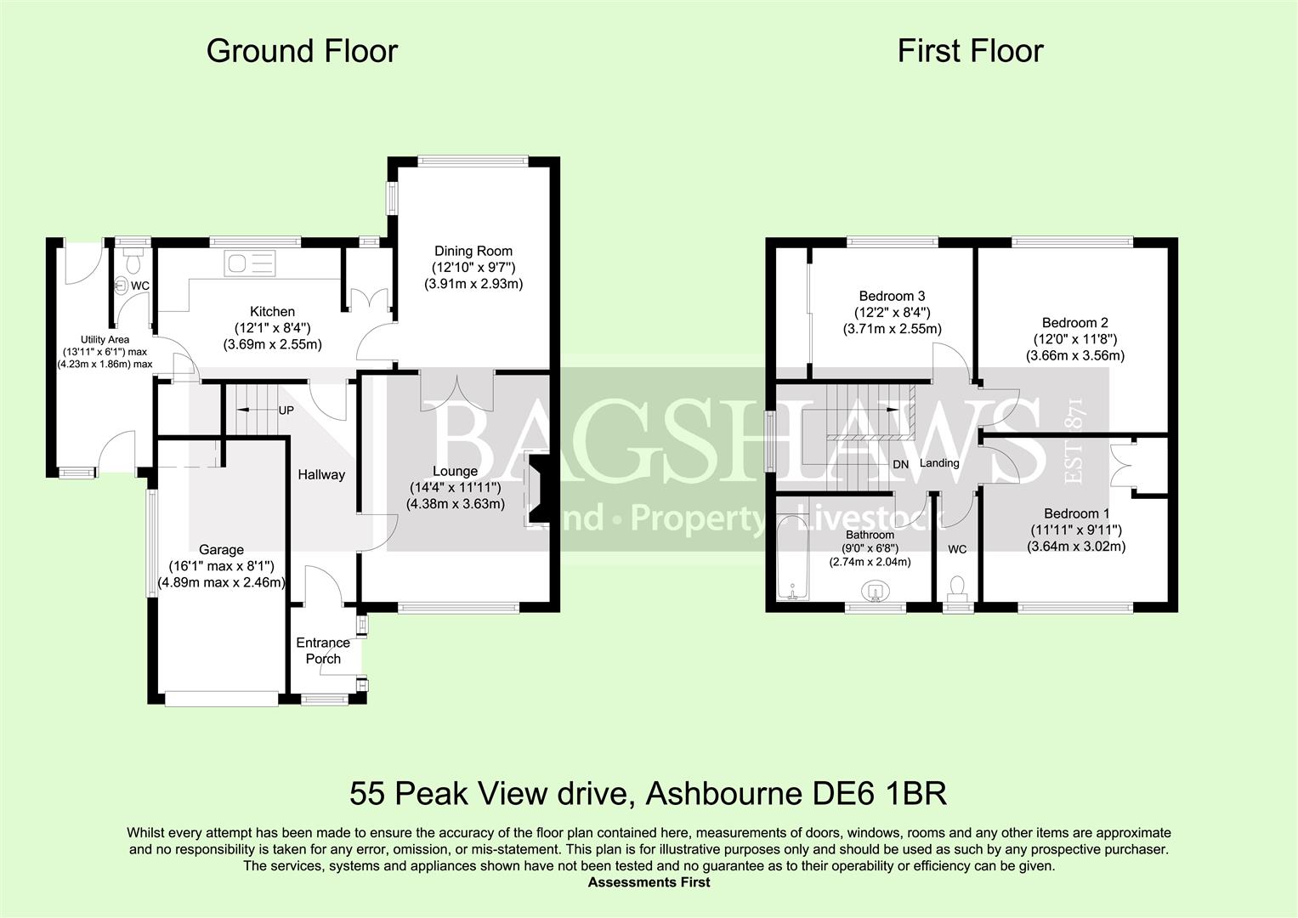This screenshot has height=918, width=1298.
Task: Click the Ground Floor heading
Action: (x=302, y=52)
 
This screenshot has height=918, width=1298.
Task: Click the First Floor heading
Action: (x=970, y=52)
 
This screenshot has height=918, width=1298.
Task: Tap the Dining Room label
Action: (x=473, y=251)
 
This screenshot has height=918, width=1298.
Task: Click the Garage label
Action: (x=221, y=550)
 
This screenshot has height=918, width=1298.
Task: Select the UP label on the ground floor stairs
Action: (x=286, y=410)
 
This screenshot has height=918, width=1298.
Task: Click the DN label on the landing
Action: (x=901, y=464)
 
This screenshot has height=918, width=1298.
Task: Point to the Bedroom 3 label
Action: (x=892, y=296)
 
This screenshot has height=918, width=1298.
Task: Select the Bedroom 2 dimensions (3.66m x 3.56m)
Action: (x=1074, y=355)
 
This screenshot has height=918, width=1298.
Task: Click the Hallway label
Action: (x=321, y=474)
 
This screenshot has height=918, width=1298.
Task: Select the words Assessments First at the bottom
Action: (x=649, y=882)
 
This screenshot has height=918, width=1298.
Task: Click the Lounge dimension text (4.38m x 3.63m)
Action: (x=455, y=503)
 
